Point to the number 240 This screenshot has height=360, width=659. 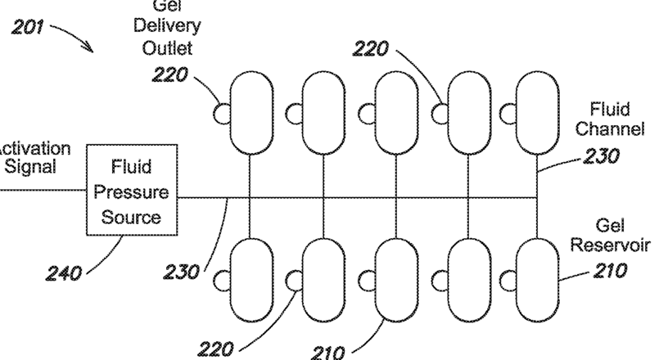61,272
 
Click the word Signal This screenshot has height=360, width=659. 30,168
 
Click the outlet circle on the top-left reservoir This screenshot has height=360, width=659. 221,111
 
